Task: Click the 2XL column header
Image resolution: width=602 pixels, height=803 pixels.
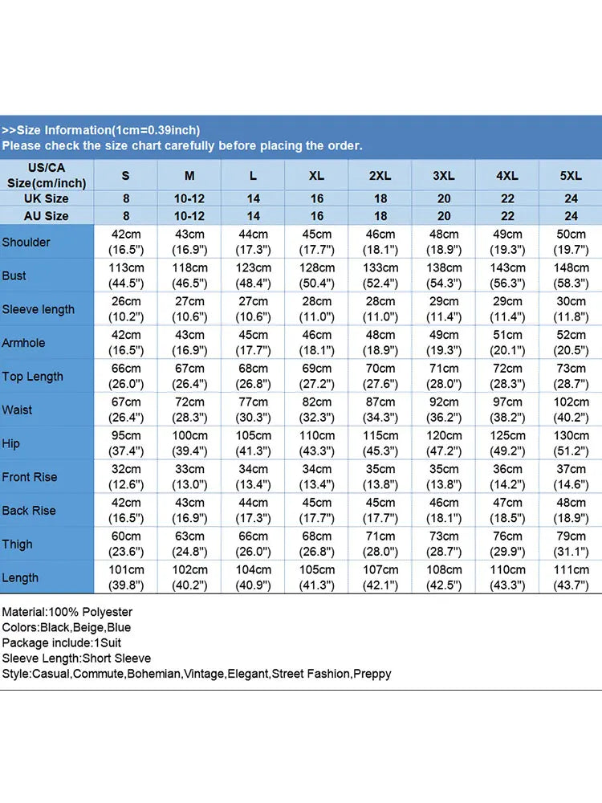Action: [x=380, y=176]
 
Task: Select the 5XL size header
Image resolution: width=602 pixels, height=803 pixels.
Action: [x=571, y=176]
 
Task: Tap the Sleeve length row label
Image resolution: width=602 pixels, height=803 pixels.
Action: [x=39, y=309]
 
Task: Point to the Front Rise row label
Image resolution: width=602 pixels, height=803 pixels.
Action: [x=30, y=477]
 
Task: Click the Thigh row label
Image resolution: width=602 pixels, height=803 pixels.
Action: [x=17, y=544]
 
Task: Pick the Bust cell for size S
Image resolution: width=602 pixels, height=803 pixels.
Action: [x=126, y=275]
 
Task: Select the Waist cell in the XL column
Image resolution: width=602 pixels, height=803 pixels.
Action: [x=317, y=410]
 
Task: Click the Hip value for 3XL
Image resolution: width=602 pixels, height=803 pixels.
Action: [x=444, y=443]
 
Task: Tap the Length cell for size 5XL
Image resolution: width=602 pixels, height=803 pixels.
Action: [x=571, y=577]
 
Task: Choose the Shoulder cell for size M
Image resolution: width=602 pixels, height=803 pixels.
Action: [x=189, y=242]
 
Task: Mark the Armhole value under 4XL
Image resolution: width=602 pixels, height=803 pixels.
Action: [x=507, y=343]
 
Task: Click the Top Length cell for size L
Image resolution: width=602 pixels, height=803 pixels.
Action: [x=253, y=376]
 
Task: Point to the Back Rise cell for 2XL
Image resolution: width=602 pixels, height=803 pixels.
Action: [x=380, y=510]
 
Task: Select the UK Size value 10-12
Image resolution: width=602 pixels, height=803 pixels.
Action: [x=189, y=198]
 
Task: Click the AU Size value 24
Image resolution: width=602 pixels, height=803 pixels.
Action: [x=571, y=215]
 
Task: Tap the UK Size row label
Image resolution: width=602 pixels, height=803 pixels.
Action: [x=46, y=198]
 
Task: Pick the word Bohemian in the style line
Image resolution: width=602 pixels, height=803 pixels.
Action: [x=153, y=674]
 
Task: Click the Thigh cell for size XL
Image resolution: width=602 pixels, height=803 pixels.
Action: [x=317, y=544]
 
